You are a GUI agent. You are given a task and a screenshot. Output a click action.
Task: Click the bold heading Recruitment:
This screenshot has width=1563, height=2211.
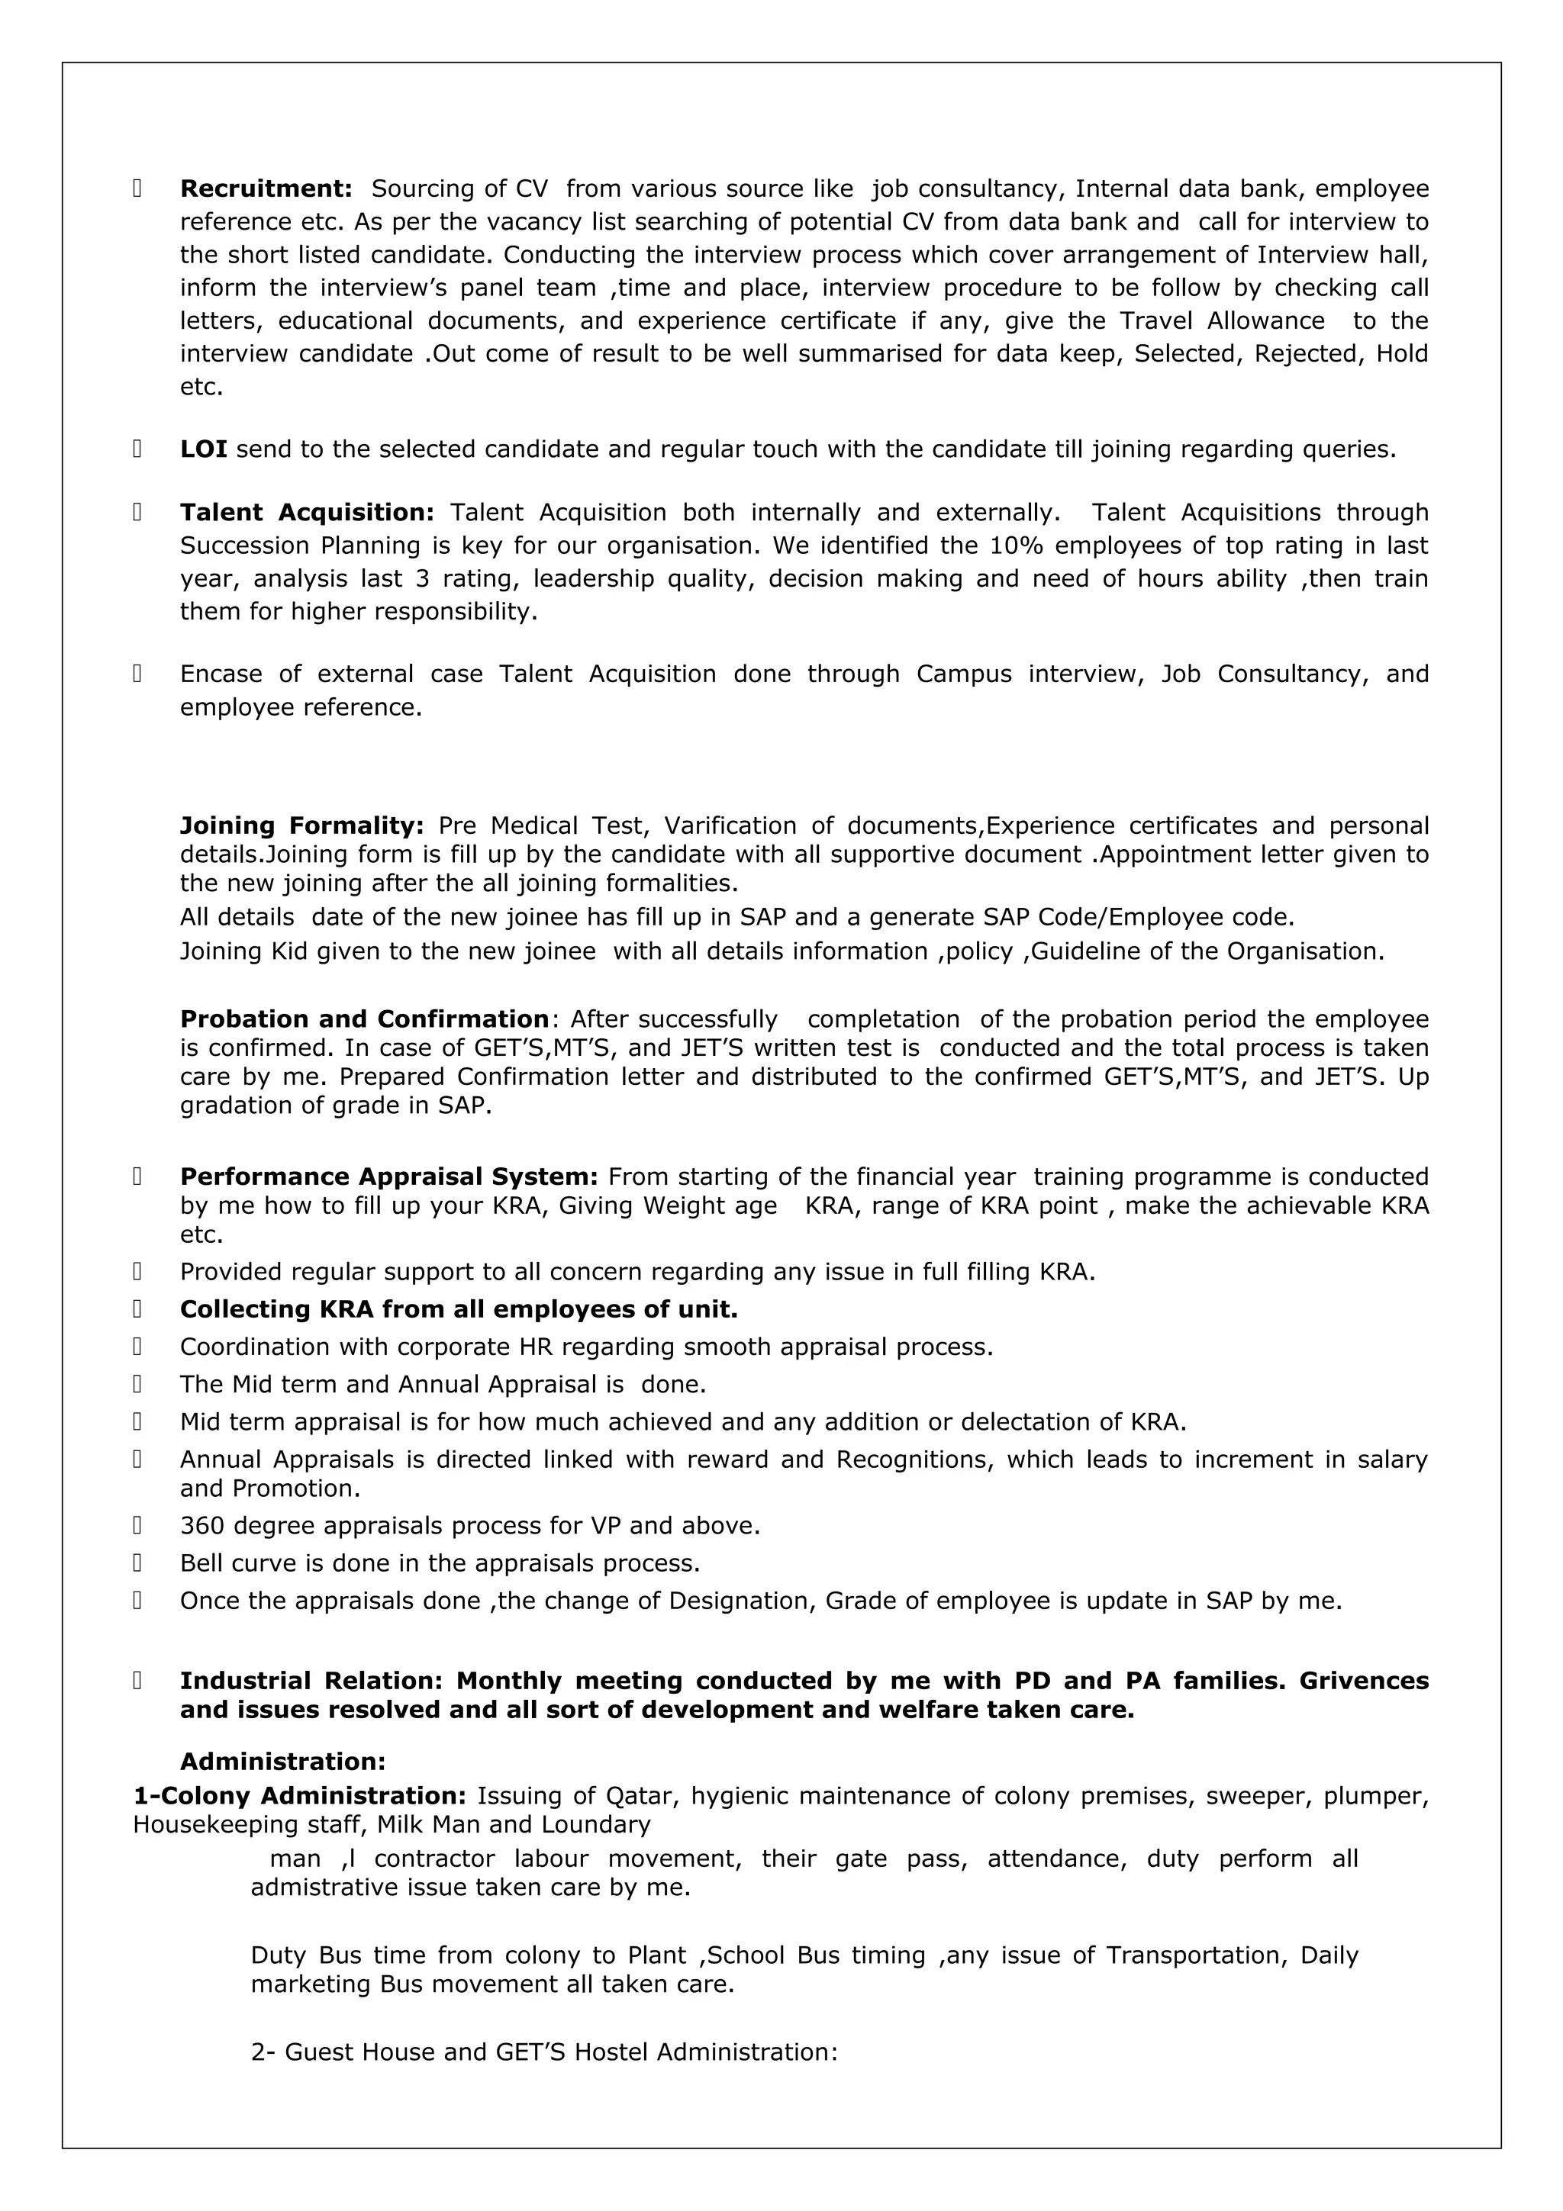[266, 188]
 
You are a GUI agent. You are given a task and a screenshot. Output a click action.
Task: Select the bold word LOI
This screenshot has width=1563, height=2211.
[203, 449]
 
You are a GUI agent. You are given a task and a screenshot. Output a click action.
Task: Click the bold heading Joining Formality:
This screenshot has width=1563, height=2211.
[301, 826]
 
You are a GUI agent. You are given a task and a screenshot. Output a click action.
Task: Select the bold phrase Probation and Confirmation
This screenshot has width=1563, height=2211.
[364, 1020]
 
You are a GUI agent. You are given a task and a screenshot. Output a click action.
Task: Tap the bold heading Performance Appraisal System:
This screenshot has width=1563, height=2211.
[389, 1176]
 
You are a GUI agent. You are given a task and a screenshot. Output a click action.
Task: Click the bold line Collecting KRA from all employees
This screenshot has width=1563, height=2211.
[459, 1310]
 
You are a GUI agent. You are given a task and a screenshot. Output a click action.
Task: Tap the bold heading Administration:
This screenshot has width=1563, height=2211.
[282, 1762]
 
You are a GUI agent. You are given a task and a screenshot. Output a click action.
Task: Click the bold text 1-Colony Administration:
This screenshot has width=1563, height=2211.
[299, 1796]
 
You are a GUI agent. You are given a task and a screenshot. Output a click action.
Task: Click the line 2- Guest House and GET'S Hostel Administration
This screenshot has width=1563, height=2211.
[544, 2052]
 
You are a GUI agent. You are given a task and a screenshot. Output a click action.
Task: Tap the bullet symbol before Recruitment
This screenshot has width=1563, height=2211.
[137, 188]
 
